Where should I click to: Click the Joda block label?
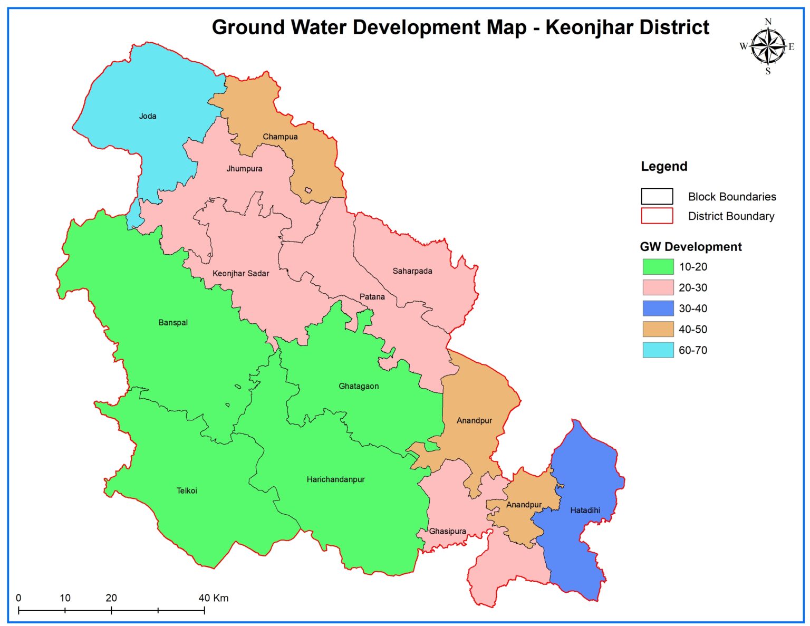148,116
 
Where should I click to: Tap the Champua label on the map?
280,137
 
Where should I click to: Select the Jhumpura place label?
244,169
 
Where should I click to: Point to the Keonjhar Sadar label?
240,273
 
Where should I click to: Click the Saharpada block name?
412,271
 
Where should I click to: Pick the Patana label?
372,297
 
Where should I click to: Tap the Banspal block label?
173,323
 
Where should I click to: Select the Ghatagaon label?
359,386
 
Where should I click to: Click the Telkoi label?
187,490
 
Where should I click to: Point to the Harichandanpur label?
335,479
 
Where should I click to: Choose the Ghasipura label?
447,531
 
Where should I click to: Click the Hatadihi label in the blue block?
585,510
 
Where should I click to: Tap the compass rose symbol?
768,47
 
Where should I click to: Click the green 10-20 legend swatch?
658,267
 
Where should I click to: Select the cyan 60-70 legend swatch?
658,350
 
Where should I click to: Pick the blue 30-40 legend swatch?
658,309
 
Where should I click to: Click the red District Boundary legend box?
657,216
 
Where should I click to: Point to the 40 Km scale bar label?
214,598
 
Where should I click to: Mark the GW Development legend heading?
690,247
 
